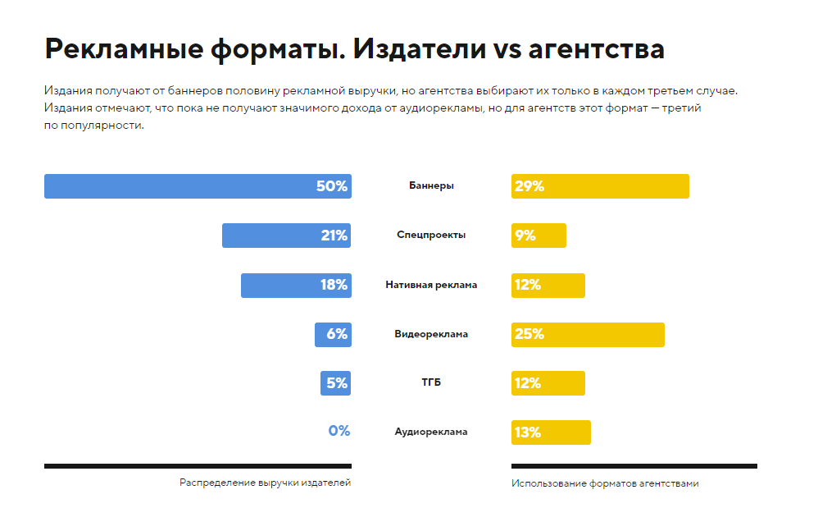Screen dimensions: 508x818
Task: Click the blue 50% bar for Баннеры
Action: click(197, 186)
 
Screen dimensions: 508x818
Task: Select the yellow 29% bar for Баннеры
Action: click(600, 186)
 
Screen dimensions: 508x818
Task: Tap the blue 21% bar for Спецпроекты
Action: click(286, 236)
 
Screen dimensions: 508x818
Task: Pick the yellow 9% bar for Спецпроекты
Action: click(539, 236)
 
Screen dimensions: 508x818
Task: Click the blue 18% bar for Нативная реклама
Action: click(296, 285)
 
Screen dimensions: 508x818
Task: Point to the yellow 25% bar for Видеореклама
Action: click(588, 334)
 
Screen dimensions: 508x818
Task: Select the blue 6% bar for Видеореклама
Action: click(333, 334)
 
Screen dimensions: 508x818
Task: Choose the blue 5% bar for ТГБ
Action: click(335, 383)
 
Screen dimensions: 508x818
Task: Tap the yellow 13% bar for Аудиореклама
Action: click(551, 432)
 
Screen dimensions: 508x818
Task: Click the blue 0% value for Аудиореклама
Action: click(339, 431)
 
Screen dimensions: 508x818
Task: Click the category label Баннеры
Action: click(431, 185)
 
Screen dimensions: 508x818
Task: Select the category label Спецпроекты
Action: click(431, 235)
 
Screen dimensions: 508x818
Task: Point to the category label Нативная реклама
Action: click(431, 285)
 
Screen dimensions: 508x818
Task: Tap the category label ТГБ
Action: click(431, 382)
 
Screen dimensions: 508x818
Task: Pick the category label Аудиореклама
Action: click(431, 432)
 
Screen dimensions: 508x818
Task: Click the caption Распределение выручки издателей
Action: click(265, 483)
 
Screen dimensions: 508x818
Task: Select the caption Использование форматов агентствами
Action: click(605, 483)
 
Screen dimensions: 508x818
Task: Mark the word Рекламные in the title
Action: click(123, 49)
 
